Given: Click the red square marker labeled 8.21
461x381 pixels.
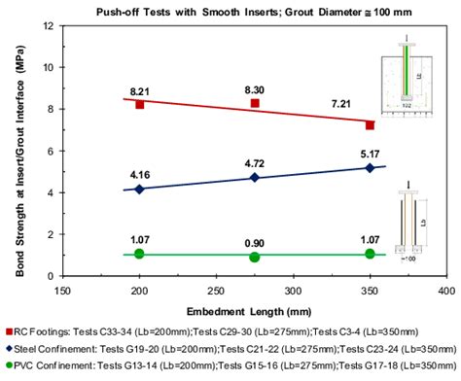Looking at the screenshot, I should [x=140, y=104].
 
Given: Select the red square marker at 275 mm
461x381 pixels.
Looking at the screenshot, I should [x=255, y=103].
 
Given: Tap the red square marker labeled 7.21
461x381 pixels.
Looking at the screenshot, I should [x=370, y=125].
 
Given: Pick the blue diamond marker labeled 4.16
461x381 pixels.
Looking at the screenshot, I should [x=140, y=189].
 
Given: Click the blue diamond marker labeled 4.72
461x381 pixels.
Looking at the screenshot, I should [x=255, y=178].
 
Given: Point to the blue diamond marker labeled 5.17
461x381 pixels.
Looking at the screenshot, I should [x=370, y=168].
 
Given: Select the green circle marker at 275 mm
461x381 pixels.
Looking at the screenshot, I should [x=255, y=257].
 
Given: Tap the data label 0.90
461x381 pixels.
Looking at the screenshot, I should [x=255, y=241].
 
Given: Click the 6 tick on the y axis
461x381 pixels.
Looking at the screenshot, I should [x=51, y=151].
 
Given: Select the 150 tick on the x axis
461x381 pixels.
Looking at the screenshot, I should [x=63, y=290].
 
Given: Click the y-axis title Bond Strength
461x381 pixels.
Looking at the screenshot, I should [x=18, y=151].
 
